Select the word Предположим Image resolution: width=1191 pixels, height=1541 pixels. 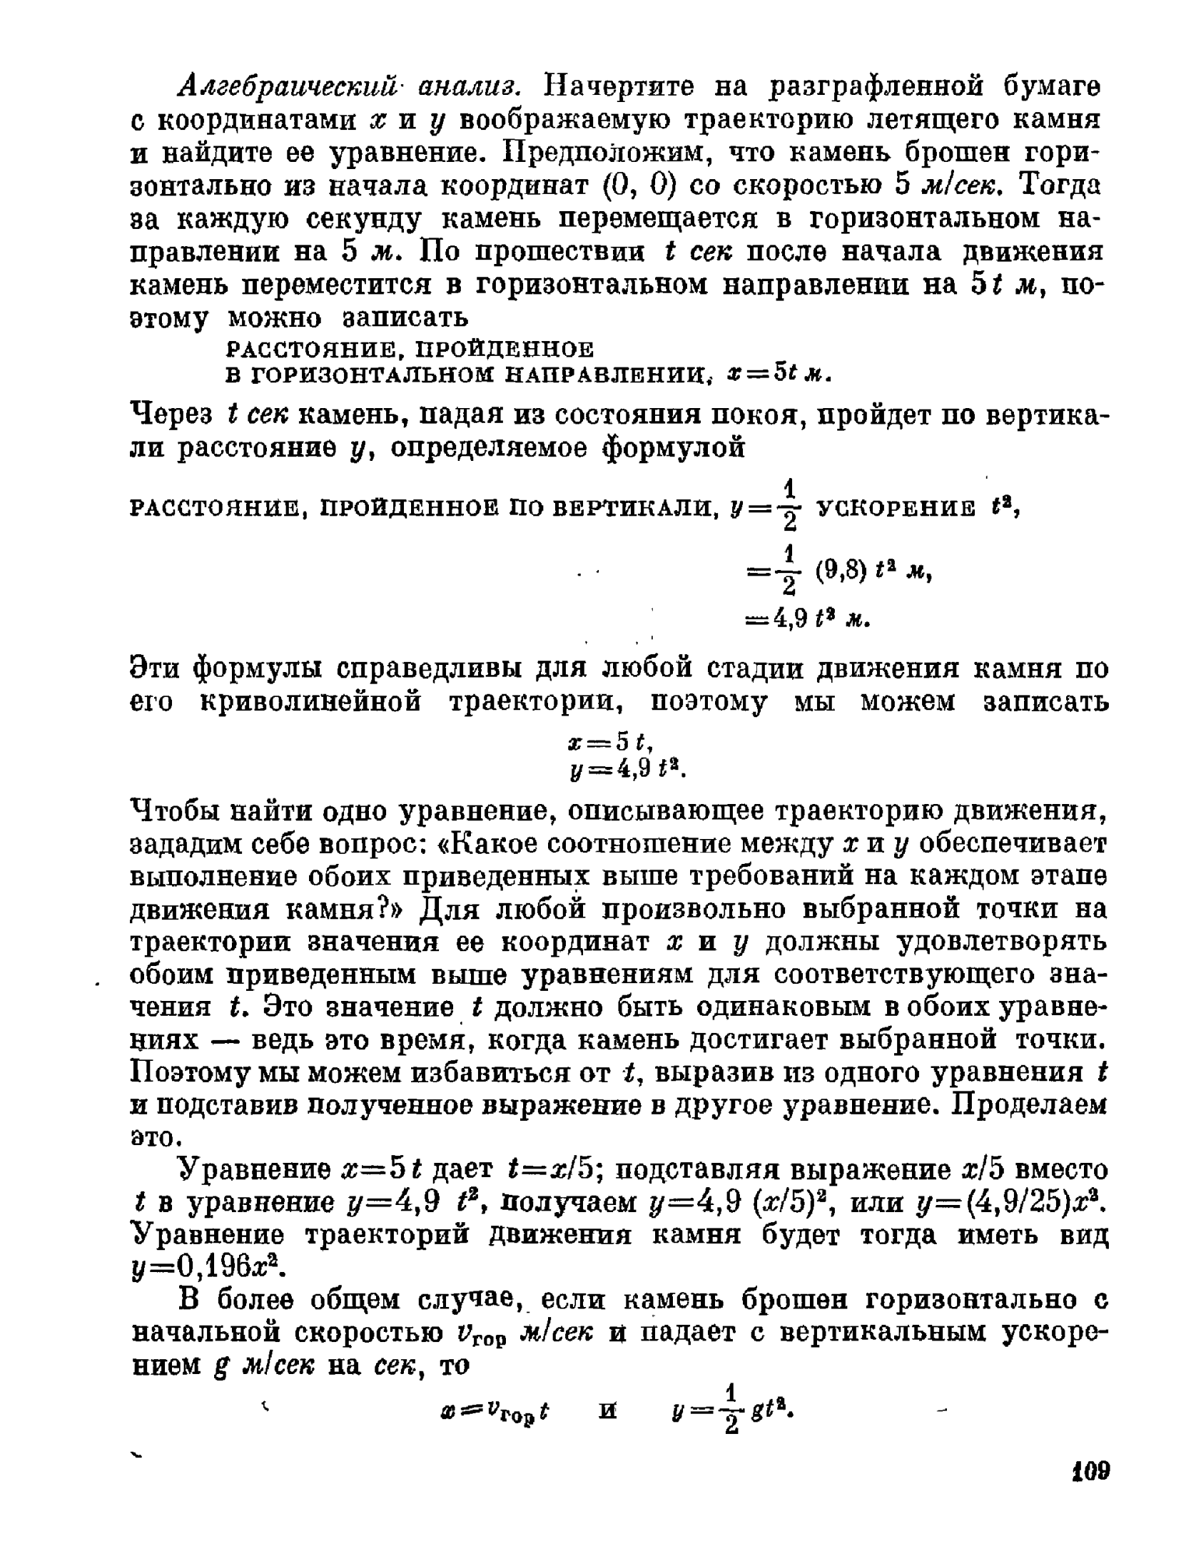tap(594, 153)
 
